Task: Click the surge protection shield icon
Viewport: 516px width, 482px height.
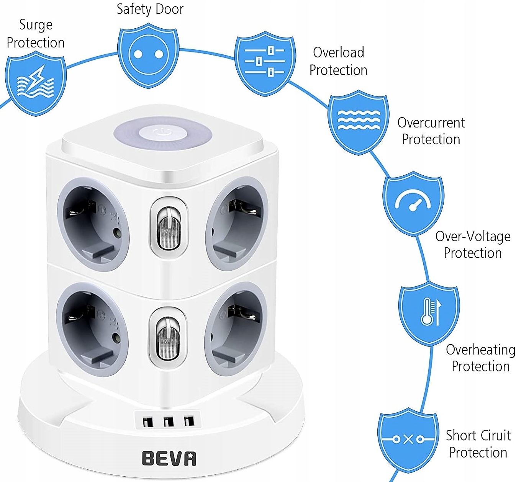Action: pos(35,84)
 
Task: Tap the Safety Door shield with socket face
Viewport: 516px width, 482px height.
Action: pos(148,55)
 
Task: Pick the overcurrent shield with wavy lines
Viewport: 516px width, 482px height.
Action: pos(359,122)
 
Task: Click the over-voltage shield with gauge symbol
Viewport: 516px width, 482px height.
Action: pos(413,203)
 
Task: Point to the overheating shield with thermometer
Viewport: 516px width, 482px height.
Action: pos(429,312)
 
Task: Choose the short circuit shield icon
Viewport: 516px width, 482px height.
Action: pos(408,439)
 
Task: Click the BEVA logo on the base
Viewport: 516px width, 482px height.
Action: pos(169,458)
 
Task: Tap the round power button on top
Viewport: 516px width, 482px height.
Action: pos(162,134)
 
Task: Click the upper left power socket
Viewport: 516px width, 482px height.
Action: pos(93,224)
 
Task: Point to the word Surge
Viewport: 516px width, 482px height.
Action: pos(36,25)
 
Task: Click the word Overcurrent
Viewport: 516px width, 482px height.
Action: pos(431,123)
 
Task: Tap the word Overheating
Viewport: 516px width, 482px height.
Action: pos(480,350)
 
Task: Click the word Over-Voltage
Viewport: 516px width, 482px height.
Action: pos(473,236)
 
